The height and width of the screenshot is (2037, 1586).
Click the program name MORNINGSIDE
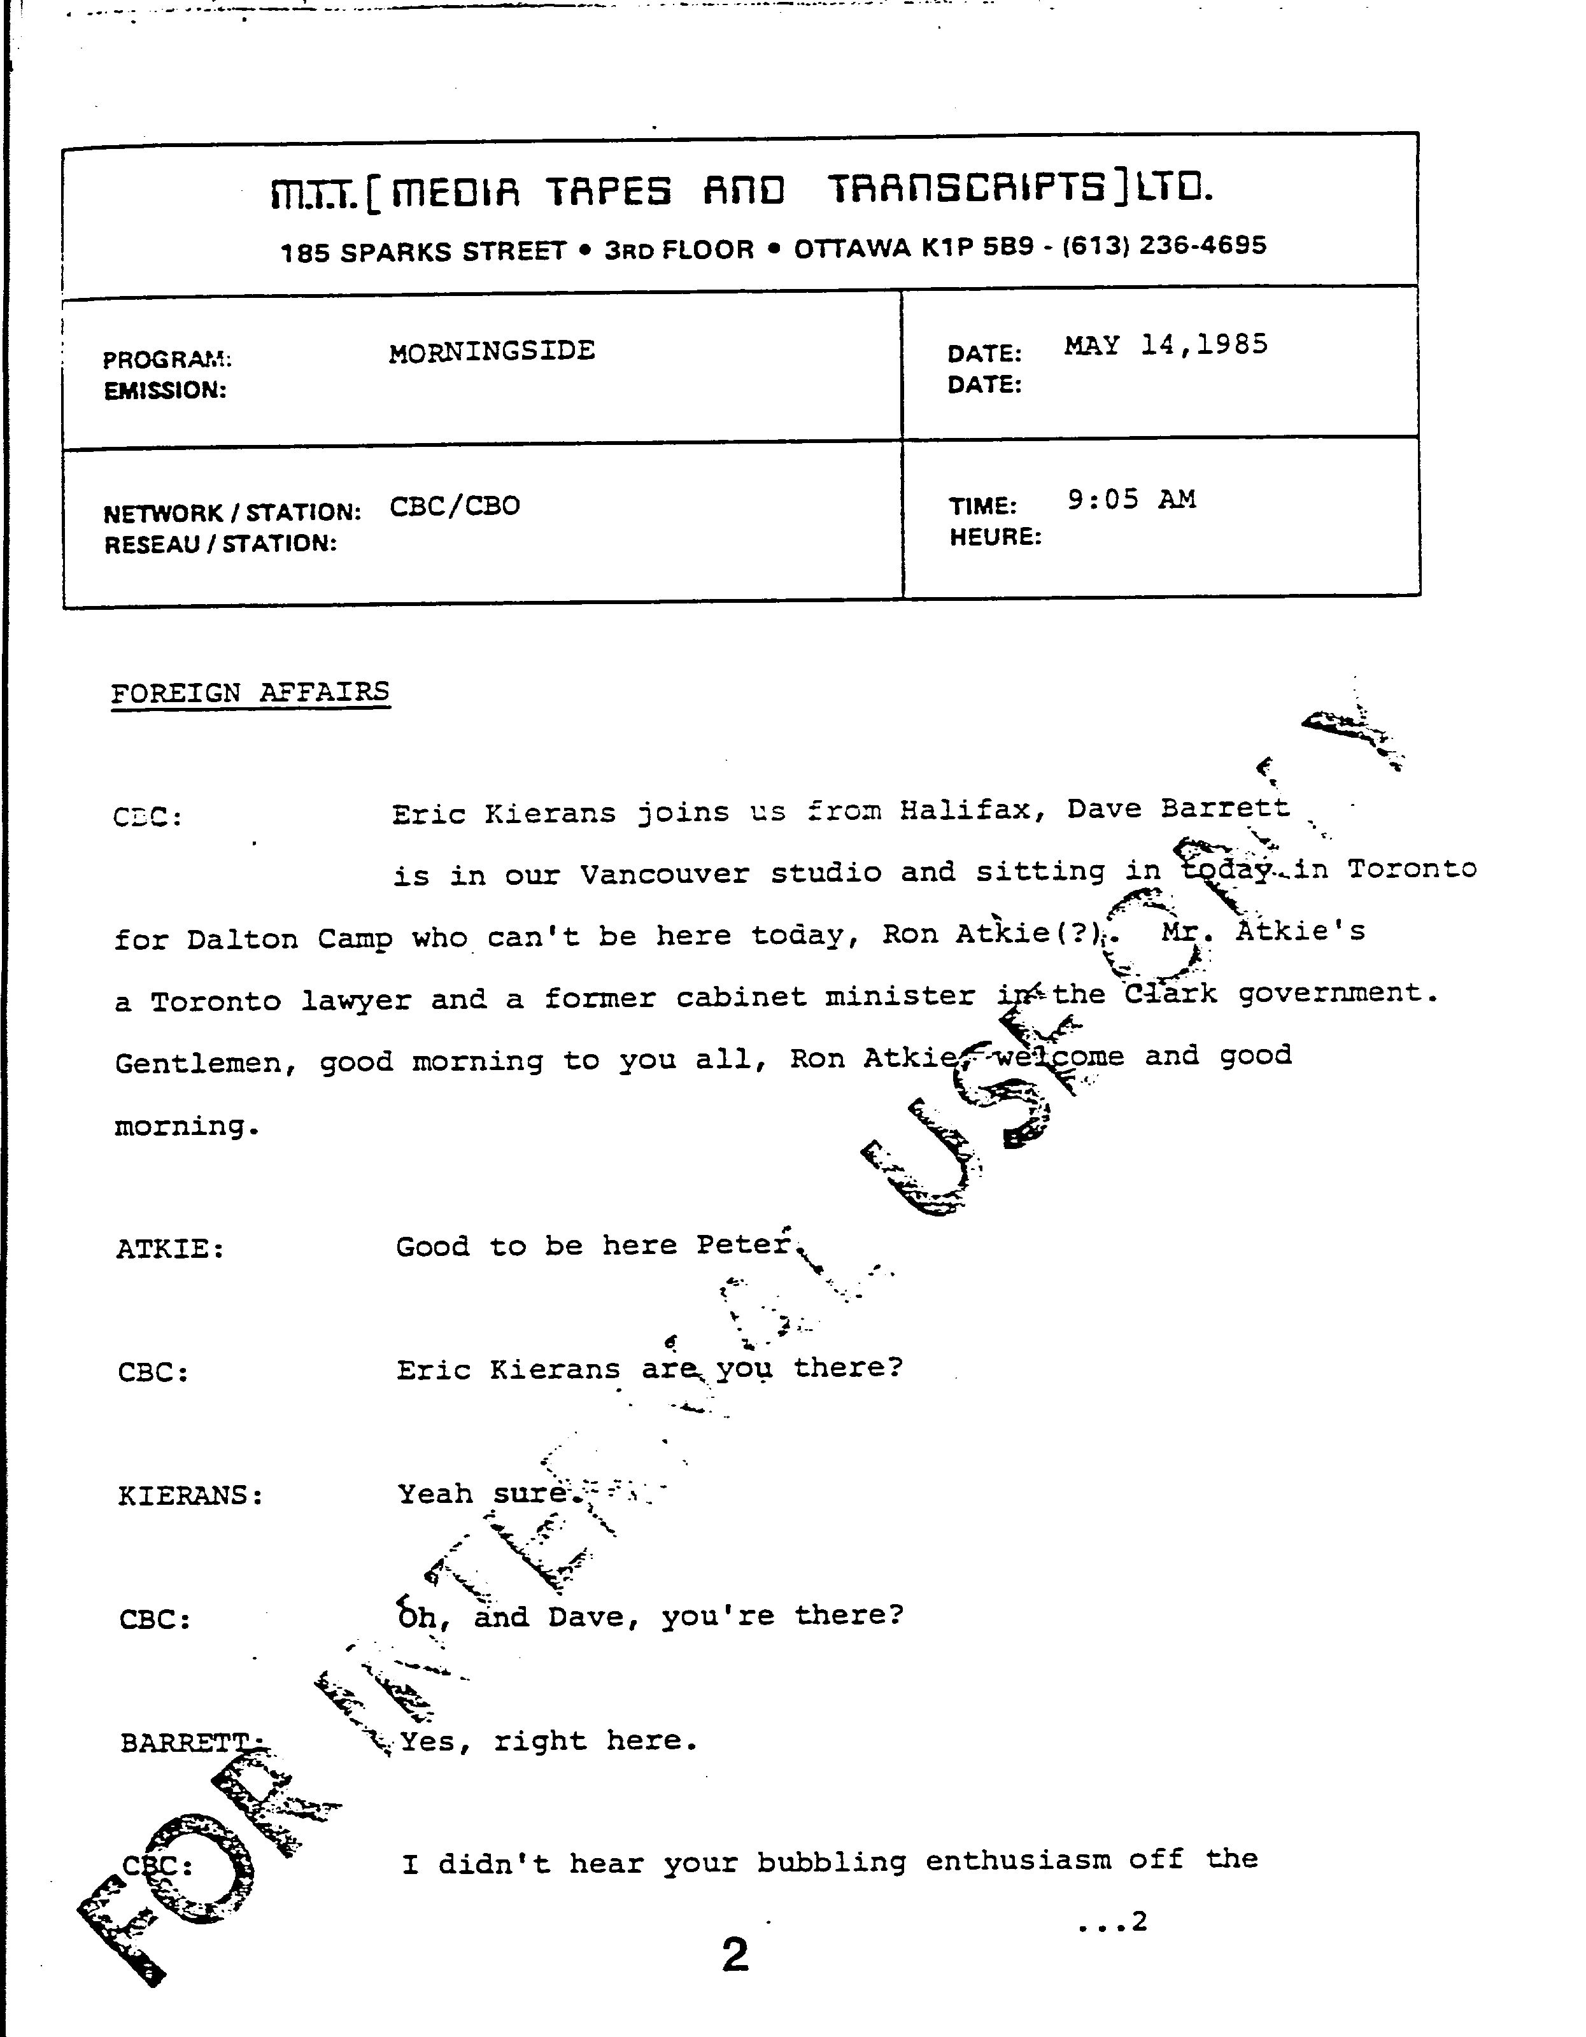click(x=492, y=351)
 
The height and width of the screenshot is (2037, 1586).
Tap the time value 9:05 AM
click(x=1131, y=500)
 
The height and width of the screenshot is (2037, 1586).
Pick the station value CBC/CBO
click(x=455, y=507)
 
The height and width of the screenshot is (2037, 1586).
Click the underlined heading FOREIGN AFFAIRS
click(x=250, y=693)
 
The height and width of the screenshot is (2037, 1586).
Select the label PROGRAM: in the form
click(x=167, y=359)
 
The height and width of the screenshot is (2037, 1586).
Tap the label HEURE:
click(x=995, y=537)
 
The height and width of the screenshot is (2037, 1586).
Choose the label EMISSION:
click(x=165, y=391)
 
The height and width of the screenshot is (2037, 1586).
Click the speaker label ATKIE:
click(x=170, y=1249)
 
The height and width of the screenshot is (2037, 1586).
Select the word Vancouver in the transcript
click(x=663, y=875)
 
